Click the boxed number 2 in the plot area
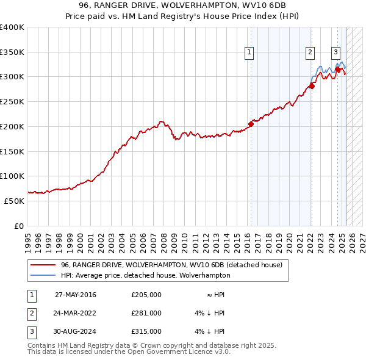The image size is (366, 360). (x=310, y=52)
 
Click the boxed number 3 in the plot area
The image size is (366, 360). (x=335, y=52)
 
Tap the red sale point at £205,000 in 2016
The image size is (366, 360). (x=251, y=124)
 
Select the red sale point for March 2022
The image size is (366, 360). (x=311, y=86)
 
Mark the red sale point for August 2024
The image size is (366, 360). (x=338, y=69)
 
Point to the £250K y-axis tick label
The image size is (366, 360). (x=12, y=101)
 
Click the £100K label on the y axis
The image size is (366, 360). (x=12, y=176)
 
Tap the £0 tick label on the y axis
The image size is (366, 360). (x=18, y=226)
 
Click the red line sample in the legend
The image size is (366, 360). (x=42, y=265)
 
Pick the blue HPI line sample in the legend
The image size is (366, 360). (x=42, y=275)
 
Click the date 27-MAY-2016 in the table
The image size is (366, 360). (x=76, y=295)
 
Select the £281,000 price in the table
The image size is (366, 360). (x=146, y=313)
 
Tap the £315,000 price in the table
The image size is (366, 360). (x=146, y=331)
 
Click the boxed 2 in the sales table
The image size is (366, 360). (x=31, y=313)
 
